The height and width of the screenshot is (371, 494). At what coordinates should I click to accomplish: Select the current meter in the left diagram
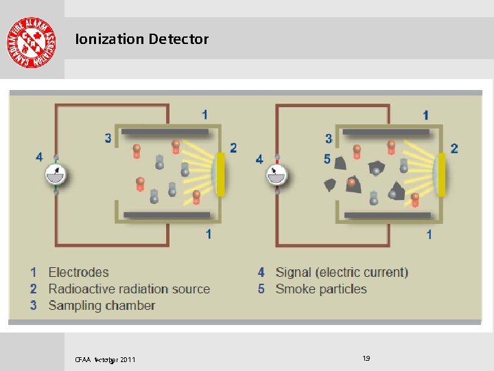pos(56,175)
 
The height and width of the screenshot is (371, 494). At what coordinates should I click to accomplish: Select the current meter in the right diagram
pos(277,175)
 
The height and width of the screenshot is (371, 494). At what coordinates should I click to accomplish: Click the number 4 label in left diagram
pos(39,157)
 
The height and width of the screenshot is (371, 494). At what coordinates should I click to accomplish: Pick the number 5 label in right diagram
pos(327,159)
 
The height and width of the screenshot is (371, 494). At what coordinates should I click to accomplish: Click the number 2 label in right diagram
pos(454,148)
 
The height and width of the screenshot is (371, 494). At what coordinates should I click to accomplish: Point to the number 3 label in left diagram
pos(108,138)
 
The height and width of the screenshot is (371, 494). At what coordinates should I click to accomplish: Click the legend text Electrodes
pos(78,273)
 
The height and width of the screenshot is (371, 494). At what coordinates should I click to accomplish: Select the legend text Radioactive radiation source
pos(129,289)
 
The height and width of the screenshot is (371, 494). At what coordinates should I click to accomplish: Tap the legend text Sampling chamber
pos(102,306)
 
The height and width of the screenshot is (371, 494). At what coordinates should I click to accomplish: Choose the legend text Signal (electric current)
pos(342,273)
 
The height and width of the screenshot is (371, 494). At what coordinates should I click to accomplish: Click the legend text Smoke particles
pos(321,289)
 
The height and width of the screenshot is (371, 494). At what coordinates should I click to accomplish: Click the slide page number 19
pos(366,358)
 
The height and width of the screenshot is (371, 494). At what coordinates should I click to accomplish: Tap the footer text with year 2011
pos(105,359)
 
